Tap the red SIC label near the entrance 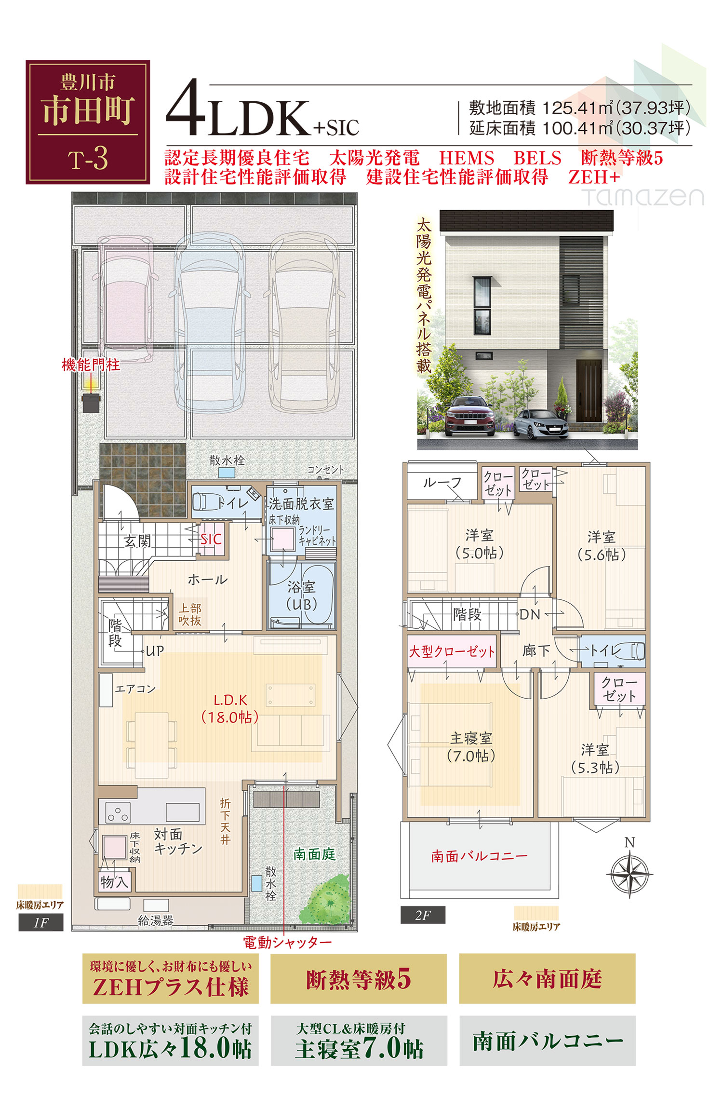coord(211,539)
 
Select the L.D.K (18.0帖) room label coord(230,708)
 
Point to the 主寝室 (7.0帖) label coord(471,747)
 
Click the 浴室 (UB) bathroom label coord(302,595)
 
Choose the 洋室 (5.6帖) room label coord(602,546)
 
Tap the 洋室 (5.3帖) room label coord(595,758)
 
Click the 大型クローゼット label coord(452,652)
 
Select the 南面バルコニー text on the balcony coord(479,856)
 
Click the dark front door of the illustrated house coord(589,391)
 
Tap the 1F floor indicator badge coord(41,922)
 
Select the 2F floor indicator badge coord(423,915)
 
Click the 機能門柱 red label coord(91,365)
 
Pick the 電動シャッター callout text coord(287,943)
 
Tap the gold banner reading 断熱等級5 coord(359,979)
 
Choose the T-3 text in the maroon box coord(88,159)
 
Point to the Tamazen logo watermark coord(643,196)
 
